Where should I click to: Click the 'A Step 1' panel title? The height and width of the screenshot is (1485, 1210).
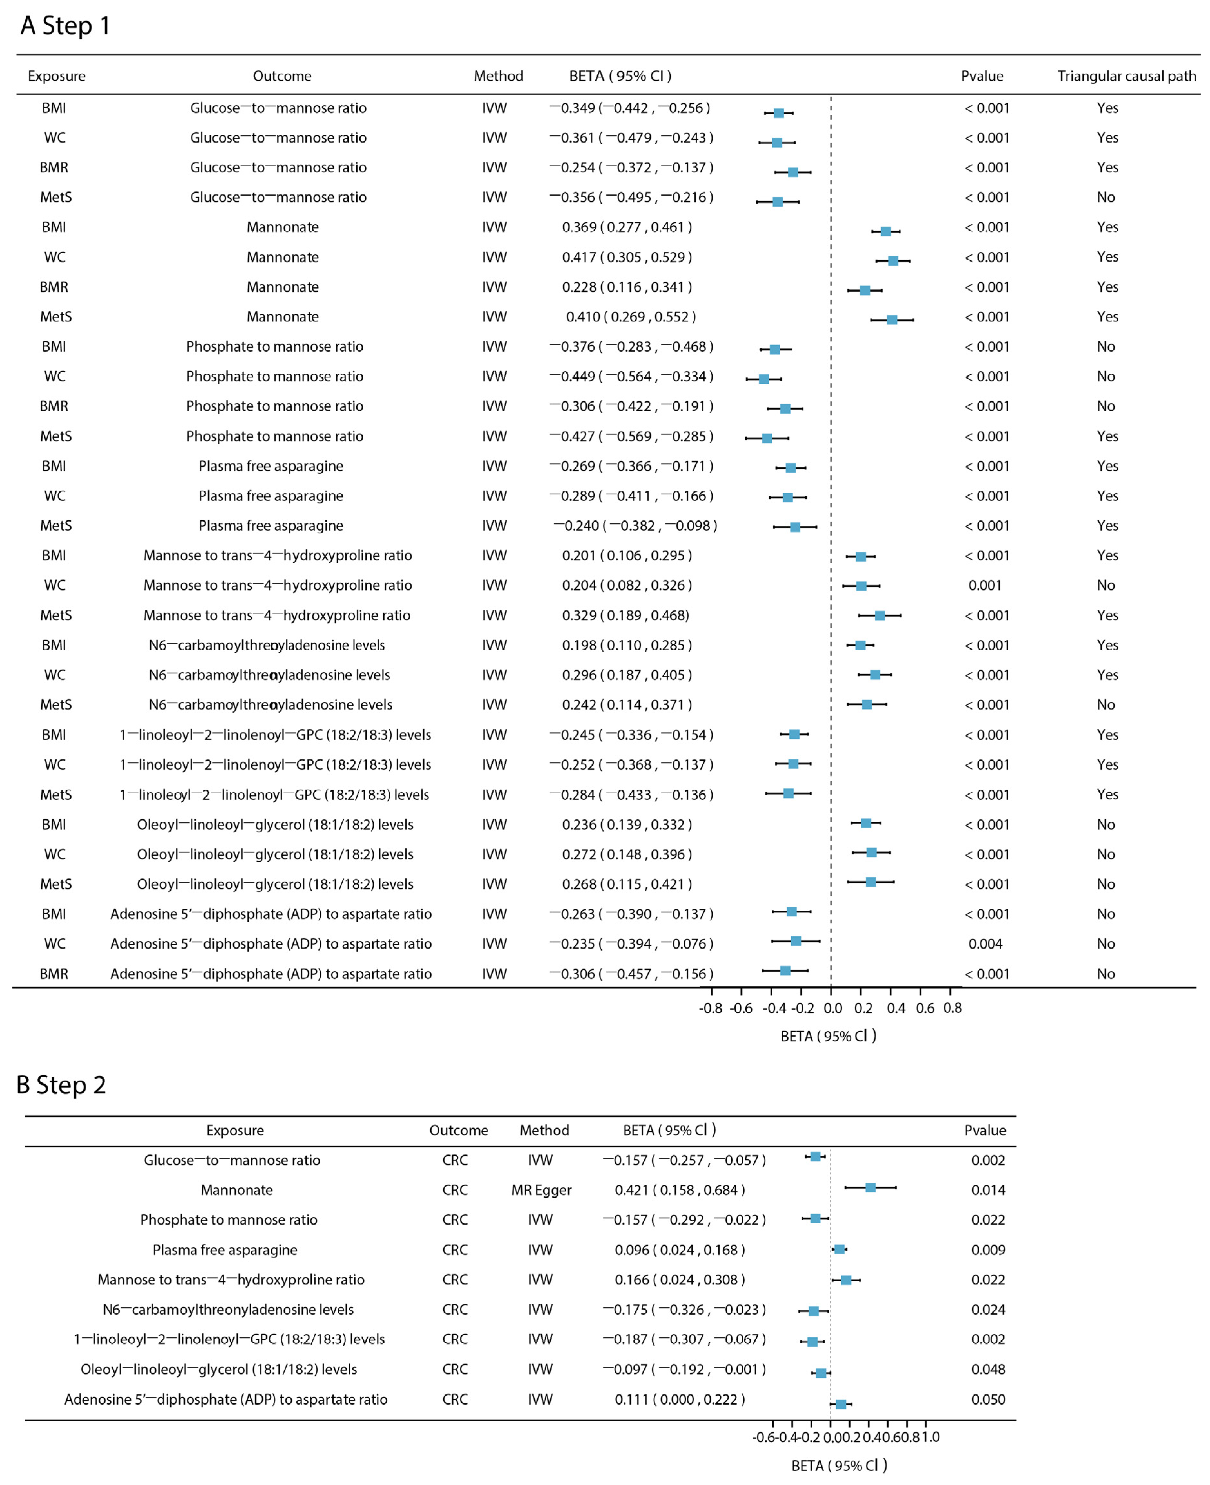point(65,26)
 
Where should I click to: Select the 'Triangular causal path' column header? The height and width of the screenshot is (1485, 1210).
point(1126,76)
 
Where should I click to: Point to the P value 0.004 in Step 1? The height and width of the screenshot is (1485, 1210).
point(985,944)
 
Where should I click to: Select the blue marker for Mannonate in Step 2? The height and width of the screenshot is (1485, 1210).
point(871,1187)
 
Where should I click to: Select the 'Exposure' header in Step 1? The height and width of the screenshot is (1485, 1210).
point(56,76)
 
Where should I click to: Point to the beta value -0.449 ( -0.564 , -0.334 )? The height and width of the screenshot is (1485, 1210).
point(632,376)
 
